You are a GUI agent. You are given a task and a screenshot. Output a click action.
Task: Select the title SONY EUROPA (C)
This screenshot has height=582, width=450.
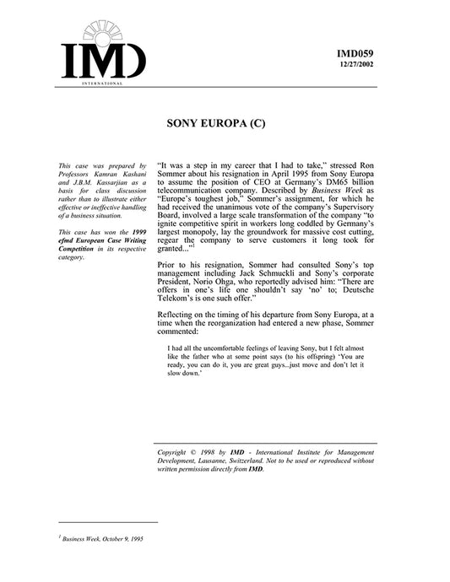pos(224,123)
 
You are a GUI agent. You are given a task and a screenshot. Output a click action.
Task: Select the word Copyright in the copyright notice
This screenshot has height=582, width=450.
pos(176,453)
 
